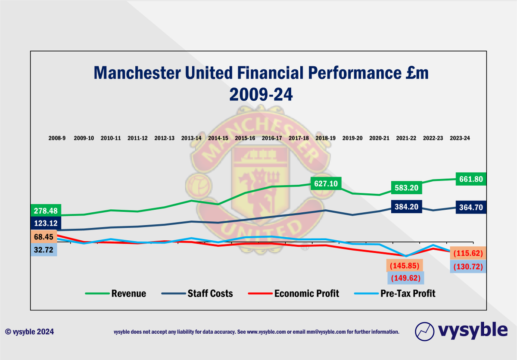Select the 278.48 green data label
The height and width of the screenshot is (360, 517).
(x=46, y=211)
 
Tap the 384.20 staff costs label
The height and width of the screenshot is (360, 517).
(x=407, y=206)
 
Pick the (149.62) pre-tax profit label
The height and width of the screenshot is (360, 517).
(x=405, y=278)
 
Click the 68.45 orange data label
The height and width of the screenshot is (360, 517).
(x=46, y=237)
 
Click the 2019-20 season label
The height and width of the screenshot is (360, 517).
(x=353, y=138)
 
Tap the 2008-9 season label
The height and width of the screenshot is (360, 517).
(x=57, y=138)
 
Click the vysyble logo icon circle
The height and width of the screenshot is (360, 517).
(x=424, y=332)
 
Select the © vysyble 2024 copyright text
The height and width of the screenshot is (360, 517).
(x=30, y=332)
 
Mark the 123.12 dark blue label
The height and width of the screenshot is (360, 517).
(x=46, y=223)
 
